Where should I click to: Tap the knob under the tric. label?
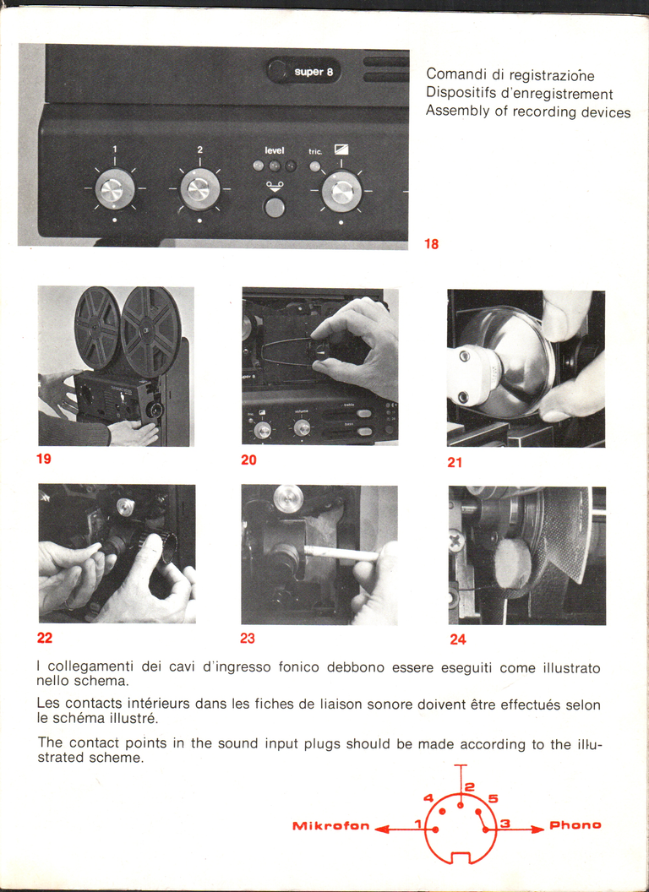point(341,191)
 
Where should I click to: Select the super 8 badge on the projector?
point(309,72)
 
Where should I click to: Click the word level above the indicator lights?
point(275,150)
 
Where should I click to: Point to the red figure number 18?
point(431,244)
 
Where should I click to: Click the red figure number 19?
point(44,459)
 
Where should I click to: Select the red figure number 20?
point(248,460)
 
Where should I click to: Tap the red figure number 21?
point(455,462)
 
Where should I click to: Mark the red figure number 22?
point(45,638)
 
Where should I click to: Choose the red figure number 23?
point(248,639)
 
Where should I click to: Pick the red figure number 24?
point(457,639)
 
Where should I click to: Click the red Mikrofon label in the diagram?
point(330,825)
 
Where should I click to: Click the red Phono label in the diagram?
point(575,824)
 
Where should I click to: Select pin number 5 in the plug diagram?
point(477,810)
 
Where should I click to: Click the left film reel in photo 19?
point(97,327)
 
